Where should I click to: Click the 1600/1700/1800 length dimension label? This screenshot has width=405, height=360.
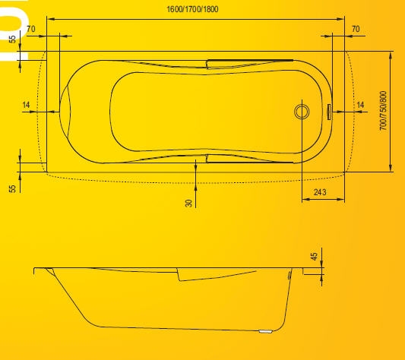[x=192, y=9]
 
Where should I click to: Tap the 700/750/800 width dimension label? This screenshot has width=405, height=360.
[x=384, y=111]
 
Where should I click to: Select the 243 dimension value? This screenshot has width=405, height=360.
[x=320, y=192]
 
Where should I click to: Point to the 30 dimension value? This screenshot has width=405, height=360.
[x=189, y=204]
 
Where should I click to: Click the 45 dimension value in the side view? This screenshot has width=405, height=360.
[x=314, y=257]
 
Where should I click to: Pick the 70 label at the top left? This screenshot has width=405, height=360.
[x=30, y=29]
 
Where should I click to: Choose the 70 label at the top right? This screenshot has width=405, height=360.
[x=356, y=29]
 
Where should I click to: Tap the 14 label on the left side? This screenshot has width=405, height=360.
[x=26, y=105]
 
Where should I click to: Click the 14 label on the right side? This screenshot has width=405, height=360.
[x=360, y=105]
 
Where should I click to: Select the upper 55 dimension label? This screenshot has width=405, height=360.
[x=12, y=39]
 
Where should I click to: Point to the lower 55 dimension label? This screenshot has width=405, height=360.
[x=12, y=188]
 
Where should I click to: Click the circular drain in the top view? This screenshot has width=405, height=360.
[x=302, y=112]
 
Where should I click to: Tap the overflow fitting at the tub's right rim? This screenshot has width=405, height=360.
[x=329, y=112]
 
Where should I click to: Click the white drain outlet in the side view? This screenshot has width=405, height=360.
[x=265, y=331]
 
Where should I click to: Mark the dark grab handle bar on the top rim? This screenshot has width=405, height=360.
[x=250, y=61]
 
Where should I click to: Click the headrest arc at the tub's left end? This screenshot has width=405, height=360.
[x=65, y=112]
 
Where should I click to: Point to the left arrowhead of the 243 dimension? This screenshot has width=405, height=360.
[x=305, y=199]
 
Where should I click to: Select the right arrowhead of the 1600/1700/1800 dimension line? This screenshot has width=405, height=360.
[x=341, y=19]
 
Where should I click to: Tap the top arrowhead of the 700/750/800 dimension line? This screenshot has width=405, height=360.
[x=391, y=55]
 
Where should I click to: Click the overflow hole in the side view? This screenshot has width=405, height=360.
[x=290, y=275]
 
